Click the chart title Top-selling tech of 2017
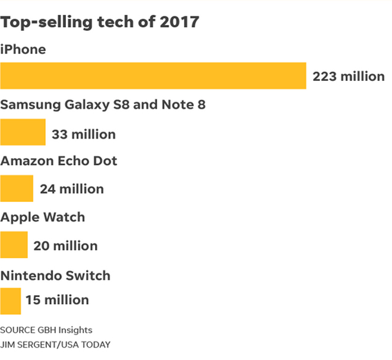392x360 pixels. pyautogui.click(x=100, y=23)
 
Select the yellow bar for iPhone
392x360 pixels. pyautogui.click(x=153, y=75)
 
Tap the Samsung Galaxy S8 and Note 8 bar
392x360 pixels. pyautogui.click(x=23, y=132)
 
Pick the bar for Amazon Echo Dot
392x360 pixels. pyautogui.click(x=17, y=188)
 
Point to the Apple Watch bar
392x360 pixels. pyautogui.click(x=14, y=245)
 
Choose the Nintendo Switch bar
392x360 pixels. pyautogui.click(x=11, y=301)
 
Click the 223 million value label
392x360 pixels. pyautogui.click(x=349, y=77)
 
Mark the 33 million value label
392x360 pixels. pyautogui.click(x=84, y=134)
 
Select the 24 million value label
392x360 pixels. pyautogui.click(x=72, y=190)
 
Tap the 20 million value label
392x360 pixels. pyautogui.click(x=65, y=246)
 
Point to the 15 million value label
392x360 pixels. pyautogui.click(x=57, y=301)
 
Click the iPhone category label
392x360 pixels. pyautogui.click(x=23, y=49)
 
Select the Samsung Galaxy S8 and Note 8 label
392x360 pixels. pyautogui.click(x=103, y=106)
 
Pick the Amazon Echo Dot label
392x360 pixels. pyautogui.click(x=59, y=161)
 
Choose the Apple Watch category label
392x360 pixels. pyautogui.click(x=43, y=217)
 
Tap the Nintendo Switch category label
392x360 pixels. pyautogui.click(x=55, y=276)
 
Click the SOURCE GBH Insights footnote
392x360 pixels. pyautogui.click(x=46, y=330)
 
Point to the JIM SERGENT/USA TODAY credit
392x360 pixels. pyautogui.click(x=55, y=345)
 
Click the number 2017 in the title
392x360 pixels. pyautogui.click(x=178, y=23)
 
